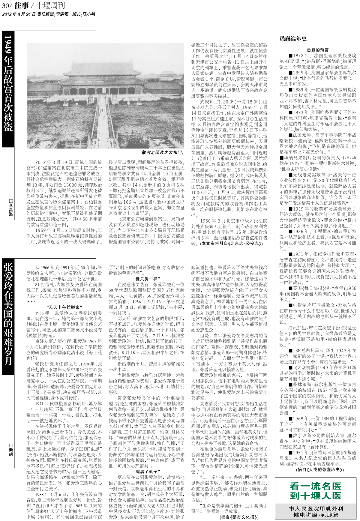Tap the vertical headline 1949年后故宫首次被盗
coord(8,83)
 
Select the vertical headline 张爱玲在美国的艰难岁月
coord(8,313)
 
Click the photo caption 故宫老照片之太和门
coord(163,152)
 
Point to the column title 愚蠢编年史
coord(293,39)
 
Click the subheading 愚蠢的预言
coord(318,50)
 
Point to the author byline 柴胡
coord(11,449)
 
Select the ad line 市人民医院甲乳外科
coord(316,508)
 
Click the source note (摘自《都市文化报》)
coord(237,517)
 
